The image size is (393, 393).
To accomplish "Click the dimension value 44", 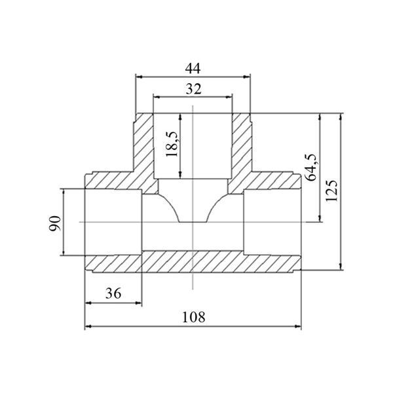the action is click(193, 68).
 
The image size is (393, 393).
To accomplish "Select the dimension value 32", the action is click(193, 89).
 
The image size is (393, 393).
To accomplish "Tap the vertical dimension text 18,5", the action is click(172, 144).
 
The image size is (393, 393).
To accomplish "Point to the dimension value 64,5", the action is click(310, 168).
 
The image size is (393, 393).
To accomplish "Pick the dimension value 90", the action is click(54, 223).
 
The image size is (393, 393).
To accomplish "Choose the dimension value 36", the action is click(113, 293).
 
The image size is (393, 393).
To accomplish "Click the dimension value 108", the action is click(193, 317).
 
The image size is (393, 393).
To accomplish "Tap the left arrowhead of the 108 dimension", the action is click(88, 326).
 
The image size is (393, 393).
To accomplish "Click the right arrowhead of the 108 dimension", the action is click(298, 326).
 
